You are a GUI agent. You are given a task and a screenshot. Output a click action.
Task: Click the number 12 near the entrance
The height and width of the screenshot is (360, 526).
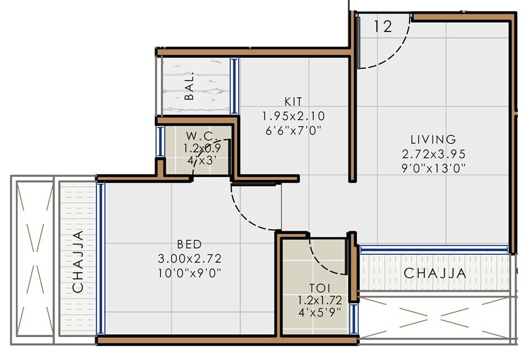click(x=384, y=27)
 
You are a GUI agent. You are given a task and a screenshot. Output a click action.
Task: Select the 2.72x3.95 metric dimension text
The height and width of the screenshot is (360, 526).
click(x=433, y=153)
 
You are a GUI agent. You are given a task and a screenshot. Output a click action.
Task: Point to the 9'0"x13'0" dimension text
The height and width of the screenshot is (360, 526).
click(x=433, y=167)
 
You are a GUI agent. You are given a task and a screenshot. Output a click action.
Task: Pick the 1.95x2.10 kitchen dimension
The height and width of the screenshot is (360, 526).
click(x=293, y=116)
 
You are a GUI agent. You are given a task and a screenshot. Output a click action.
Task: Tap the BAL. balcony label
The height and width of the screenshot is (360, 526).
click(x=190, y=87)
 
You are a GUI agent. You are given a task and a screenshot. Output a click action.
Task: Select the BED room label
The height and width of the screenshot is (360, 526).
click(x=190, y=245)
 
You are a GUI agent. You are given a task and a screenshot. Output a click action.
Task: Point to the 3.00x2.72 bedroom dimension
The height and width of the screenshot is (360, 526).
click(x=190, y=259)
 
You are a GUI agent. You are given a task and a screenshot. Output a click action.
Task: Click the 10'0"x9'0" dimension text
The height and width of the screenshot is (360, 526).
click(x=190, y=272)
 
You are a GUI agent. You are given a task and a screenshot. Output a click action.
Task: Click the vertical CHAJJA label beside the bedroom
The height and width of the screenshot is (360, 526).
click(x=79, y=261)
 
